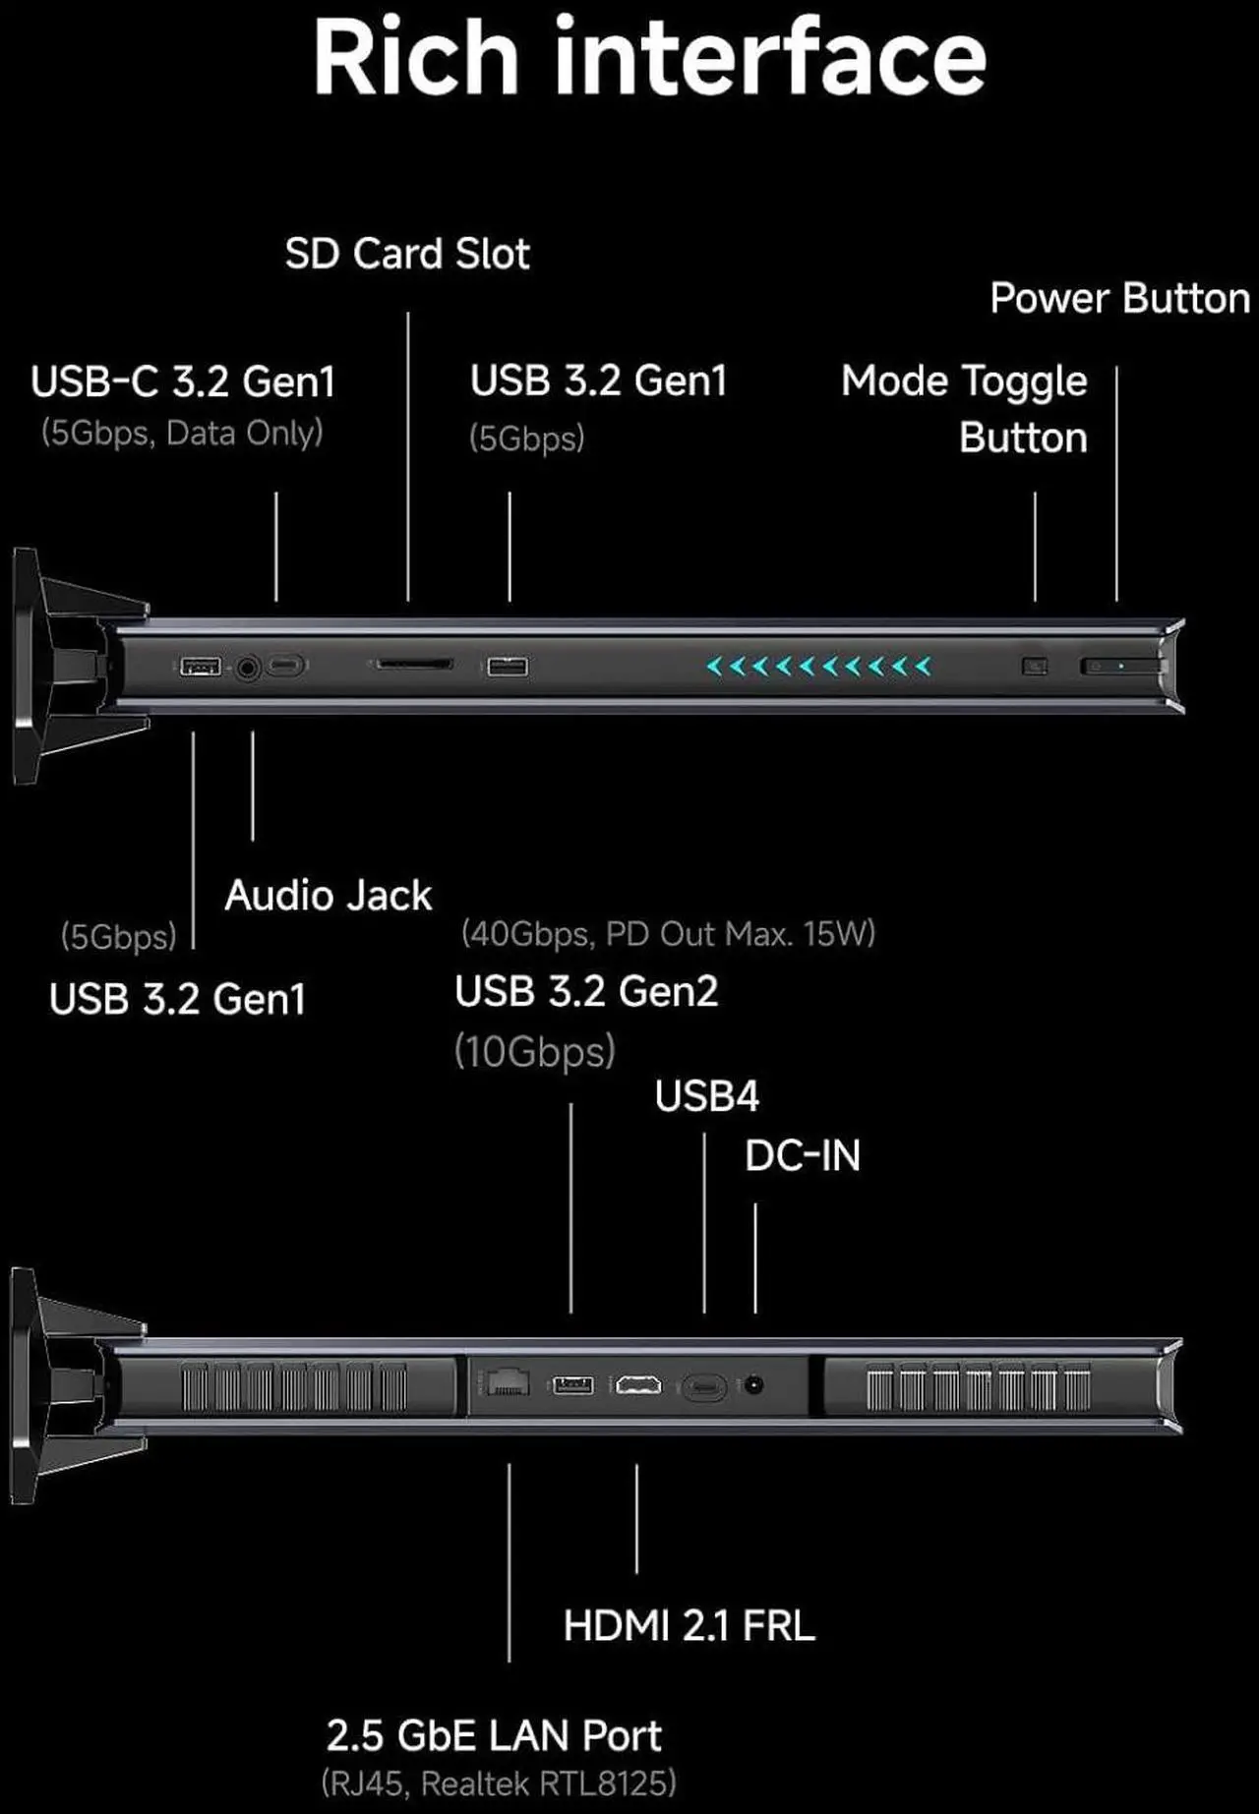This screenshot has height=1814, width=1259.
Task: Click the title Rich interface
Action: click(649, 57)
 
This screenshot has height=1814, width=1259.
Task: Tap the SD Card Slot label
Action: click(407, 254)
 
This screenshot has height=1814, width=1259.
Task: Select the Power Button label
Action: click(1120, 298)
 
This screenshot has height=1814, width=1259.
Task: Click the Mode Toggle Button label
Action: click(965, 409)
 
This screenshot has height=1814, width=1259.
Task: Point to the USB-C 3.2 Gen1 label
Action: click(183, 381)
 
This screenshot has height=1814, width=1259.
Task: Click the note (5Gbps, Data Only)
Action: click(182, 433)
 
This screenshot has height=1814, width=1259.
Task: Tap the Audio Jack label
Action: click(328, 896)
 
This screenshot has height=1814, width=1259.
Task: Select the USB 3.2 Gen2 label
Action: click(586, 991)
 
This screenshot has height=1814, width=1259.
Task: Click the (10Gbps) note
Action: click(535, 1051)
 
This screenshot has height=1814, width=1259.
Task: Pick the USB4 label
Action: click(707, 1096)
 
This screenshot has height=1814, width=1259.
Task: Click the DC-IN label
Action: click(803, 1156)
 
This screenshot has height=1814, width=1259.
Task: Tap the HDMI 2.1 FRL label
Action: click(689, 1625)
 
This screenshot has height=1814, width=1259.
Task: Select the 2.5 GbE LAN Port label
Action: click(494, 1735)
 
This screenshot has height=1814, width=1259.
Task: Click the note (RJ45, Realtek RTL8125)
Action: click(499, 1783)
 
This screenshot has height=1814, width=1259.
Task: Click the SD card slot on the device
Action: click(413, 665)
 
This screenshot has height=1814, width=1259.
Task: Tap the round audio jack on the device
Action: click(248, 668)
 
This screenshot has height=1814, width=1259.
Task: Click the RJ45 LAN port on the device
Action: click(509, 1382)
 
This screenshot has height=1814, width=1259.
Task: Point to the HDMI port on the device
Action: click(638, 1385)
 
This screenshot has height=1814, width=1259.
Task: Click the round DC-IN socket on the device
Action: click(754, 1385)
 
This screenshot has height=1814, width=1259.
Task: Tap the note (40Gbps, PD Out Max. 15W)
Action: click(669, 933)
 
